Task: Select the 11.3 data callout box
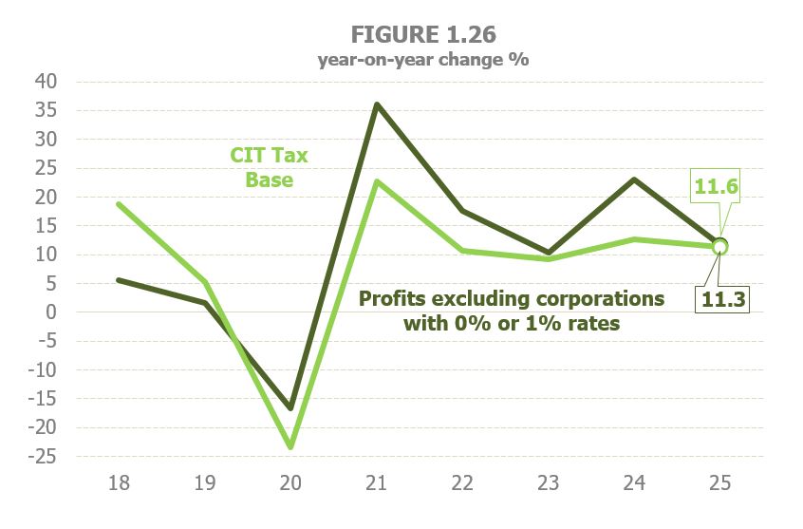pos(723,300)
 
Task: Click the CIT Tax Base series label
pos(269,166)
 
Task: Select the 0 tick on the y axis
pos(54,312)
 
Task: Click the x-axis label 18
pos(119,482)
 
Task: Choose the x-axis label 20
pos(290,482)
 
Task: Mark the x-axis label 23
pos(549,482)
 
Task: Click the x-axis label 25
pos(720,482)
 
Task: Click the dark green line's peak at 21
pos(377,104)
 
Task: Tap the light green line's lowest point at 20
pos(290,446)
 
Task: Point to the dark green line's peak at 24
pos(634,179)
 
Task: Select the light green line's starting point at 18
pos(119,204)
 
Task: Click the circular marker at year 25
pos(720,246)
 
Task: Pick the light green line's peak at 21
pos(377,181)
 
